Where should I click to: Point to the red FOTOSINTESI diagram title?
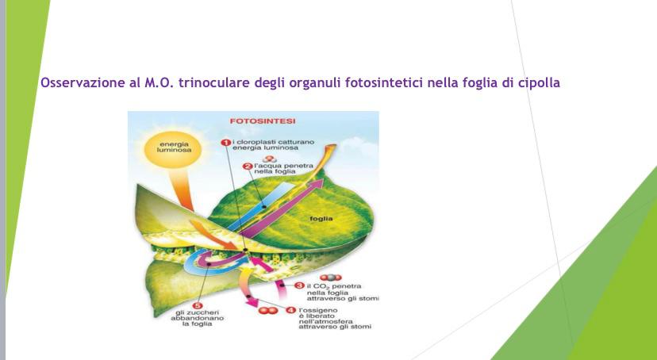coord(263,121)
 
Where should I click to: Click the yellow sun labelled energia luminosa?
coord(173,147)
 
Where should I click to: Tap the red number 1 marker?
coord(225,142)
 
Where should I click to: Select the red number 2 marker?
coord(248,167)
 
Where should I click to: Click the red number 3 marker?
coord(299,285)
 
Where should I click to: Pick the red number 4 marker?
coord(290,310)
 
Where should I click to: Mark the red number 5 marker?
coord(197,305)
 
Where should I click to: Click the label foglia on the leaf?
coord(321,219)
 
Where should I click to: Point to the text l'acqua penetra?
coord(283,166)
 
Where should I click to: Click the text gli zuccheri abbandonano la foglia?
coord(197,318)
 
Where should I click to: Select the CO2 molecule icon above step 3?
coord(331,278)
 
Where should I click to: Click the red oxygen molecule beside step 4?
coord(268,311)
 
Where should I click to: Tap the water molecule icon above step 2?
coord(270,159)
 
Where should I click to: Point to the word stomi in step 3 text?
coord(369,298)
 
